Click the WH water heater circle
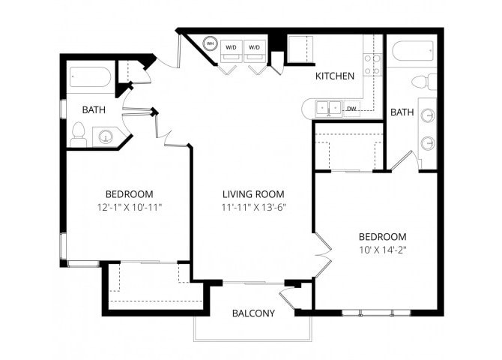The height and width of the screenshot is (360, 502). [x=211, y=44]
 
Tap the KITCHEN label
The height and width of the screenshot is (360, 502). [x=334, y=76]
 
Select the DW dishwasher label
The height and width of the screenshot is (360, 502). [x=351, y=109]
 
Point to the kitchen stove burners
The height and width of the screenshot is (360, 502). [x=372, y=64]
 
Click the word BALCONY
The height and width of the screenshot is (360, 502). [x=252, y=313]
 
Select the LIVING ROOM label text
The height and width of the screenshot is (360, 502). [x=252, y=193]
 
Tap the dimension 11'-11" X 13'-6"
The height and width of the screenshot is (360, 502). [x=252, y=207]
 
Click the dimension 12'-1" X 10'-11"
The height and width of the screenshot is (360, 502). [x=129, y=207]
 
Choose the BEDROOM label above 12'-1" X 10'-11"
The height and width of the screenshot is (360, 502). [x=129, y=193]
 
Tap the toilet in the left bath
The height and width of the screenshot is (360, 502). [x=78, y=133]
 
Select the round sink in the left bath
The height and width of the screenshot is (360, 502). [x=106, y=136]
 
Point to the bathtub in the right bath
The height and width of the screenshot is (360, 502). [x=411, y=51]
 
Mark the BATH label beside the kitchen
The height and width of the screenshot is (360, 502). [x=402, y=112]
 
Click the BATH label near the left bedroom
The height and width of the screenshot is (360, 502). [x=94, y=109]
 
